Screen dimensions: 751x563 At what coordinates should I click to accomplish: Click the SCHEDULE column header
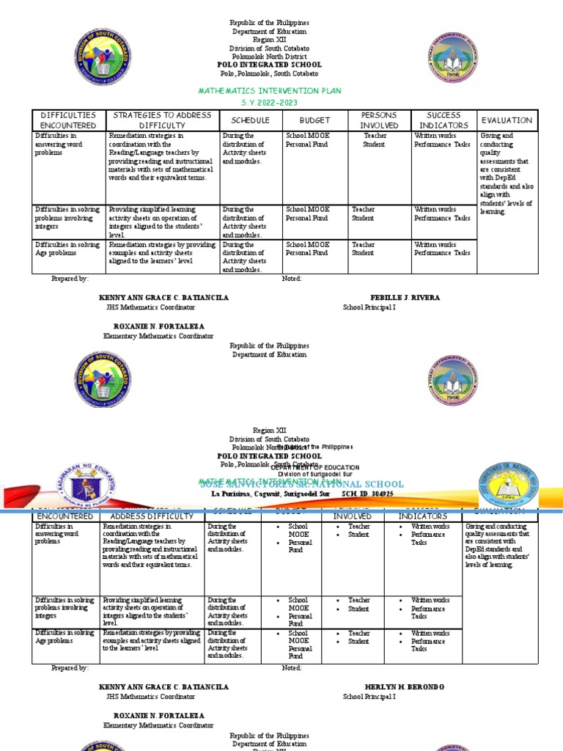[251, 120]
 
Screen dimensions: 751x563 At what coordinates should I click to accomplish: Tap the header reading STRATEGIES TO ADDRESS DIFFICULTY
[162, 120]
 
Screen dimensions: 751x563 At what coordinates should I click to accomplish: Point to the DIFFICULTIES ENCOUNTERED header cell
[68, 120]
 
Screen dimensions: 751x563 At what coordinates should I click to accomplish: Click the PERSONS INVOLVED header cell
[378, 120]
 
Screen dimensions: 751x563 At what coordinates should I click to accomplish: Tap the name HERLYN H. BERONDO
[404, 687]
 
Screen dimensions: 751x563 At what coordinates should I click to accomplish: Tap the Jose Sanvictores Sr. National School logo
[507, 484]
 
